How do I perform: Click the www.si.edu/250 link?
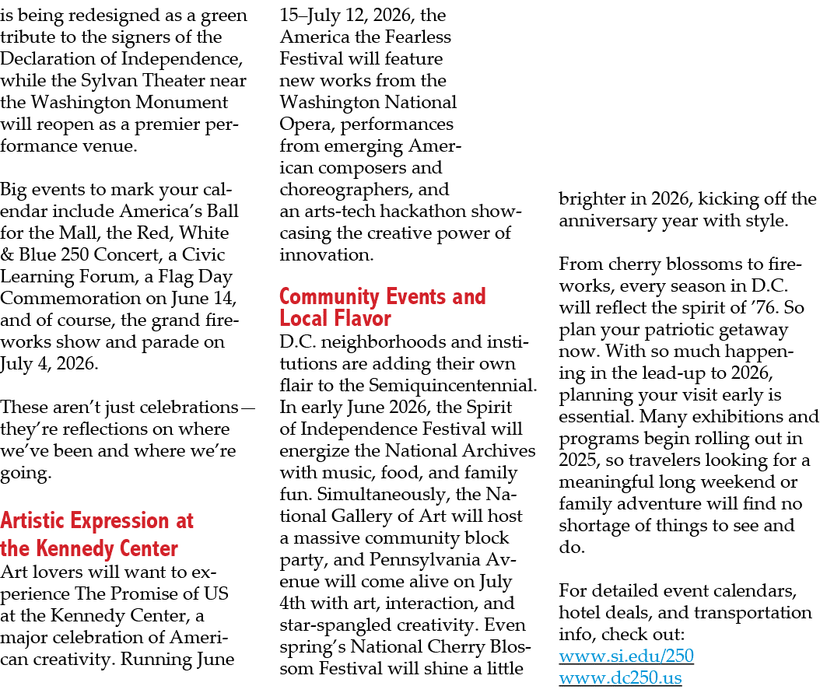click(626, 657)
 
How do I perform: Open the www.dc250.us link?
click(620, 678)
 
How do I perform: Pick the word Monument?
click(178, 102)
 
